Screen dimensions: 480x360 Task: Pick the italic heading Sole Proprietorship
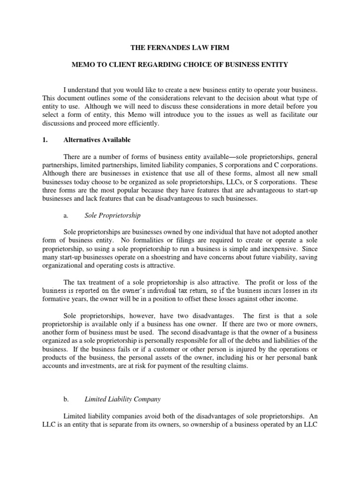(112, 216)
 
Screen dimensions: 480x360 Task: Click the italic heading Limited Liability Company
(122, 399)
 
